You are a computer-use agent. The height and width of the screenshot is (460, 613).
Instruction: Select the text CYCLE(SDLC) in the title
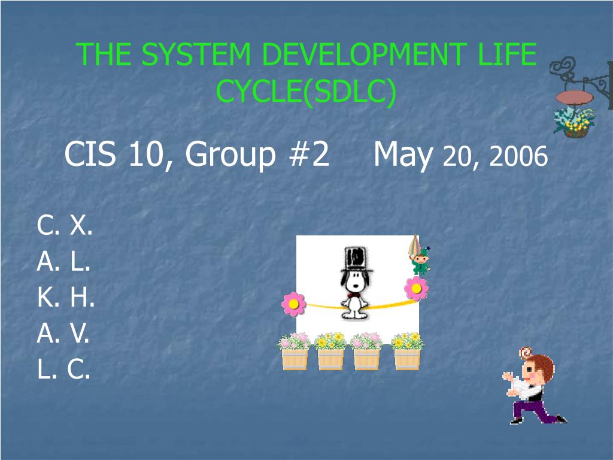306,92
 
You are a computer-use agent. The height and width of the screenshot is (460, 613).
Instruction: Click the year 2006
518,157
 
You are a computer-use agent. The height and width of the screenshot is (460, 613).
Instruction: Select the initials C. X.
65,226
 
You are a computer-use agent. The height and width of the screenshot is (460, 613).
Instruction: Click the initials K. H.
66,298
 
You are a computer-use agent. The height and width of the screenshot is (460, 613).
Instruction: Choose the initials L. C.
64,370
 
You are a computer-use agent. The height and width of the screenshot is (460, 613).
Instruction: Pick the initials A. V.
63,334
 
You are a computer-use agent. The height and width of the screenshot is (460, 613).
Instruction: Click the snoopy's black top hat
353,258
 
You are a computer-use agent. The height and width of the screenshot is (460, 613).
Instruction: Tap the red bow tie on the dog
354,294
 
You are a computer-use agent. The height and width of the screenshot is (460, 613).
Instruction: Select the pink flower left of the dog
293,304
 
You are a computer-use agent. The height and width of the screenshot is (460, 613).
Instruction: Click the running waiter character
532,388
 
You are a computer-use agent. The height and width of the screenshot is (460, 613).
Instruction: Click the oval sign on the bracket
573,97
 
